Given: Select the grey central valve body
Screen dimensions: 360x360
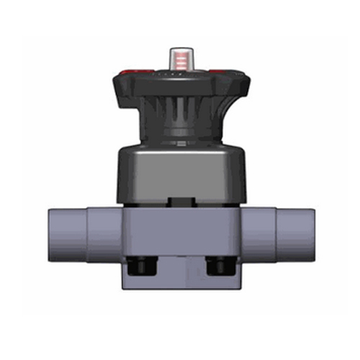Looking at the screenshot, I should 180,230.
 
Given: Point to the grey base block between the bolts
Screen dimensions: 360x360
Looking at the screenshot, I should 180,270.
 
